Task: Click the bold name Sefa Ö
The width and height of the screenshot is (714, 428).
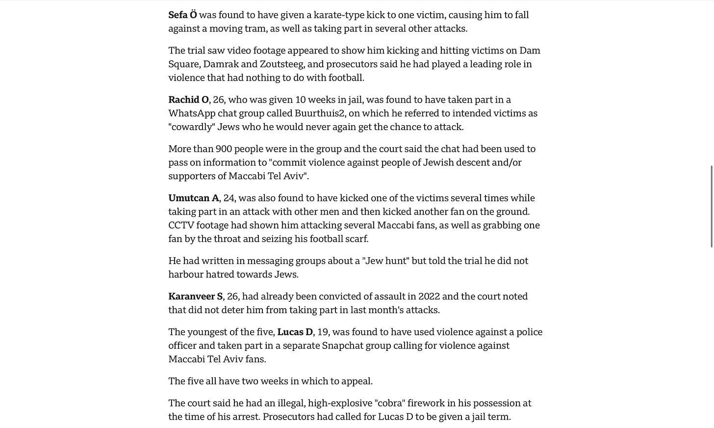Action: (182, 15)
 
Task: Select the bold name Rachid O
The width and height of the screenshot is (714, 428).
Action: (188, 100)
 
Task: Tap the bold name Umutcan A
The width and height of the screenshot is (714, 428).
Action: (194, 198)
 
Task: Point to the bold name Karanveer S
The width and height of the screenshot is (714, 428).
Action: (195, 296)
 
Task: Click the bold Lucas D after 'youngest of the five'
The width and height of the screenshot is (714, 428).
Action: (295, 332)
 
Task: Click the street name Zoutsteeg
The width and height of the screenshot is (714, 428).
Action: (282, 64)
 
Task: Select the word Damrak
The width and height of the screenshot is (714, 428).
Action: (221, 64)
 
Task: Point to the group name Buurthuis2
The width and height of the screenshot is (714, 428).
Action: (320, 114)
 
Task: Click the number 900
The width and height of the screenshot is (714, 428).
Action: (224, 149)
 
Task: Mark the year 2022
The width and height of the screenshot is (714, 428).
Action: (429, 296)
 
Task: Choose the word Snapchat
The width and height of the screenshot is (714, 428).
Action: (342, 346)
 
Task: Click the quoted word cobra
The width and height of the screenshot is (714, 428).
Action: (389, 403)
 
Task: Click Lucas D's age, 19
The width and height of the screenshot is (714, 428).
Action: (323, 332)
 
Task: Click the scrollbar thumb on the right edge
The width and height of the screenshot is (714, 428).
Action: (712, 206)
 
